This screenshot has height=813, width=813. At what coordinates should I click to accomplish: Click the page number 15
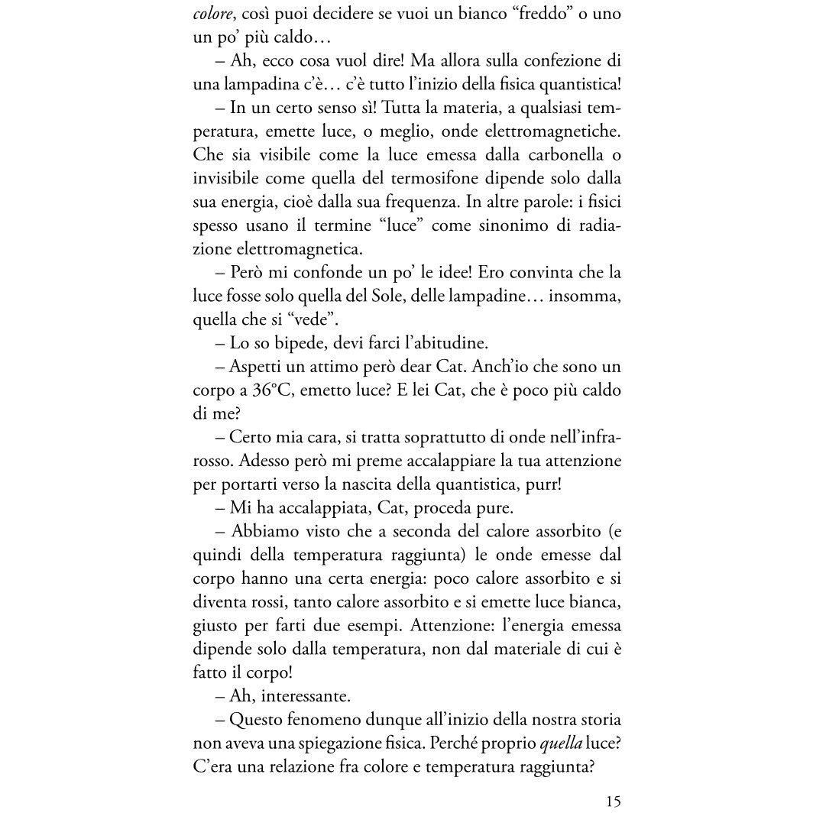coord(613,802)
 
